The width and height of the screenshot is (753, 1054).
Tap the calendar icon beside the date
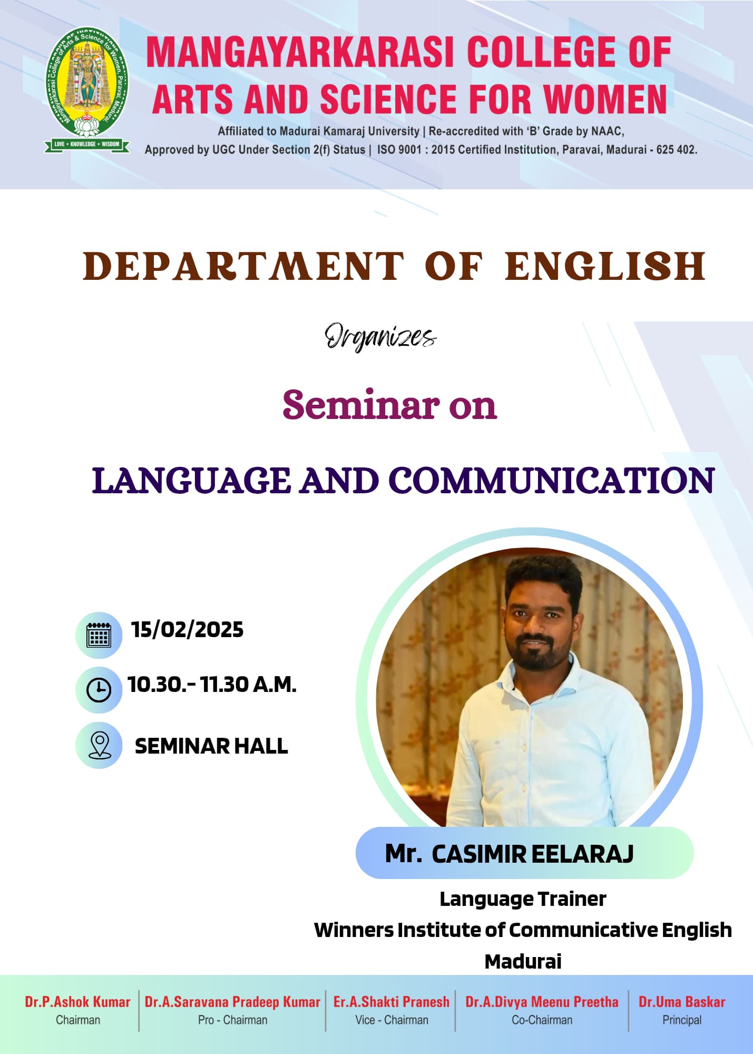pyautogui.click(x=99, y=635)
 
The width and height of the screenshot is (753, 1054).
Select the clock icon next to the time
pyautogui.click(x=99, y=690)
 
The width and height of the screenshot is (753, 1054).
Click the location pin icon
pyautogui.click(x=99, y=745)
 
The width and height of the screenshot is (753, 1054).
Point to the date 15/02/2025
pyautogui.click(x=187, y=630)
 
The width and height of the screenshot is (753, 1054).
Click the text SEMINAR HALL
pyautogui.click(x=211, y=746)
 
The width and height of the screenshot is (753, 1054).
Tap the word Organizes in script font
pyautogui.click(x=380, y=337)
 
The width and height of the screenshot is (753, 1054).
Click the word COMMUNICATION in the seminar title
pyautogui.click(x=551, y=481)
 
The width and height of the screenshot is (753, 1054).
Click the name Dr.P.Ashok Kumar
pyautogui.click(x=77, y=1002)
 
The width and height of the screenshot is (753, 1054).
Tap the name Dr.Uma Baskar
pyautogui.click(x=682, y=1002)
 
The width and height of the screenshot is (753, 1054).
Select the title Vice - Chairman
pyautogui.click(x=392, y=1020)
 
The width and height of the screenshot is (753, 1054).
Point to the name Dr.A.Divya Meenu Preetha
pyautogui.click(x=542, y=1002)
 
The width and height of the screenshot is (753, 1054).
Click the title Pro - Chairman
pyautogui.click(x=232, y=1020)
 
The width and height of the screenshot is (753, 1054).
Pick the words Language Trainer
pyautogui.click(x=523, y=899)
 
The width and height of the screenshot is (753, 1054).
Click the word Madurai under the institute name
pyautogui.click(x=523, y=962)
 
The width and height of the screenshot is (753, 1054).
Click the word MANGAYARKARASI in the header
pyautogui.click(x=299, y=53)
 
